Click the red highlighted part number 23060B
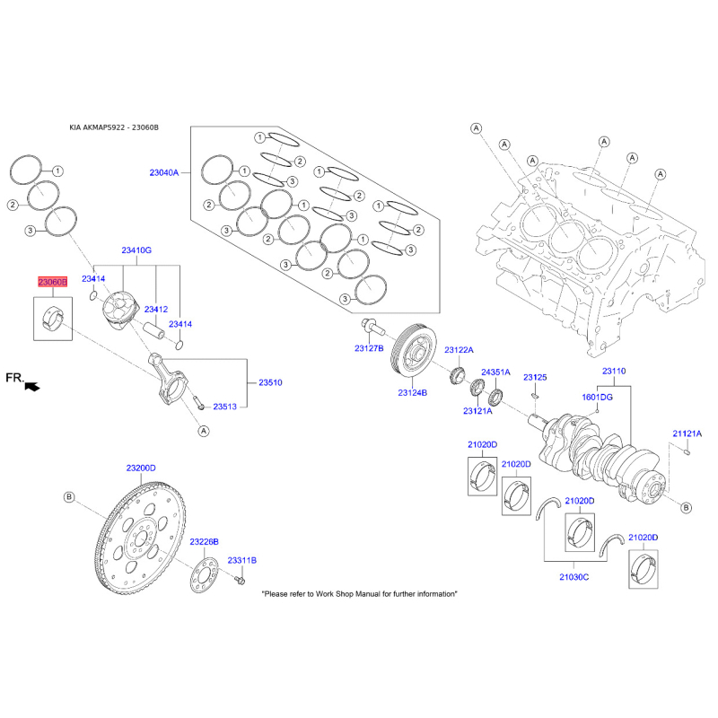pos(51,282)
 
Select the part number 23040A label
pos(164,171)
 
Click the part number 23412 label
pos(157,310)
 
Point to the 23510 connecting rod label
pos(270,383)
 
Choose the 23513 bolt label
pos(224,407)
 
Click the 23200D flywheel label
pos(140,468)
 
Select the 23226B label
pos(204,542)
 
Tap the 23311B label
pos(241,560)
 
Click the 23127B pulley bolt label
pos(368,347)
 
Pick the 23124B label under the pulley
pos(412,392)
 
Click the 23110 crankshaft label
pos(614,371)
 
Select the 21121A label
pos(687,433)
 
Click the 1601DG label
pos(597,396)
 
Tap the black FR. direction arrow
pos(33,386)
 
